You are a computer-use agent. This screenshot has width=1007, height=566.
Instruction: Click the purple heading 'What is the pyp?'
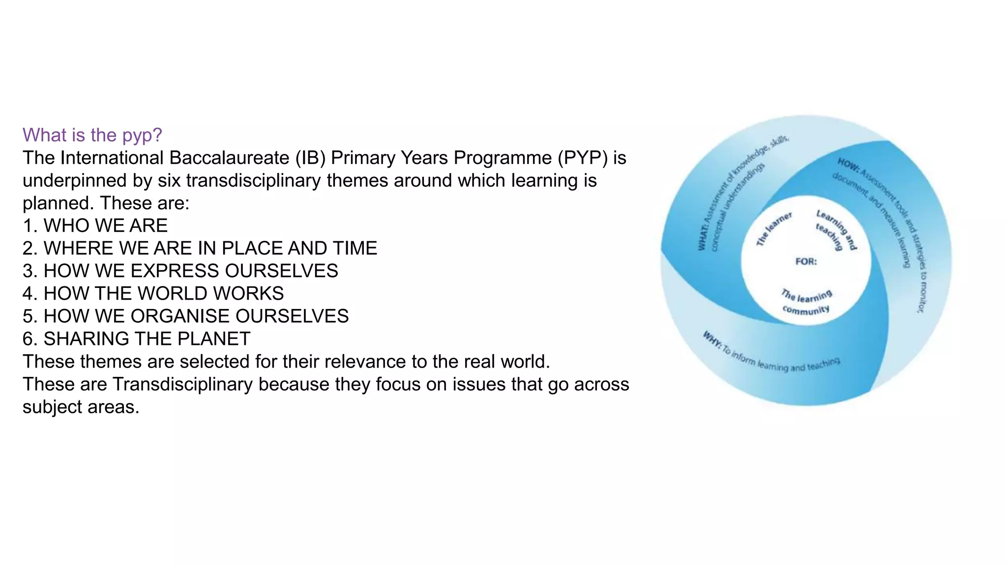coord(92,135)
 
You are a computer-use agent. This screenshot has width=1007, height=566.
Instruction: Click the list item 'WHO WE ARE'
coord(105,226)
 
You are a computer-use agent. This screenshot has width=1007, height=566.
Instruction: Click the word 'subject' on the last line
coord(52,407)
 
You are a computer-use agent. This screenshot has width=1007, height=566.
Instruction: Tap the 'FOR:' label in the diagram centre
coord(806,261)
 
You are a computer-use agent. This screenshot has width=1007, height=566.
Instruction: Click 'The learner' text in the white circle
coord(774,228)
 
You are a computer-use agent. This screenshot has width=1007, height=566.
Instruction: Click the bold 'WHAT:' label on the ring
coord(703,237)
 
